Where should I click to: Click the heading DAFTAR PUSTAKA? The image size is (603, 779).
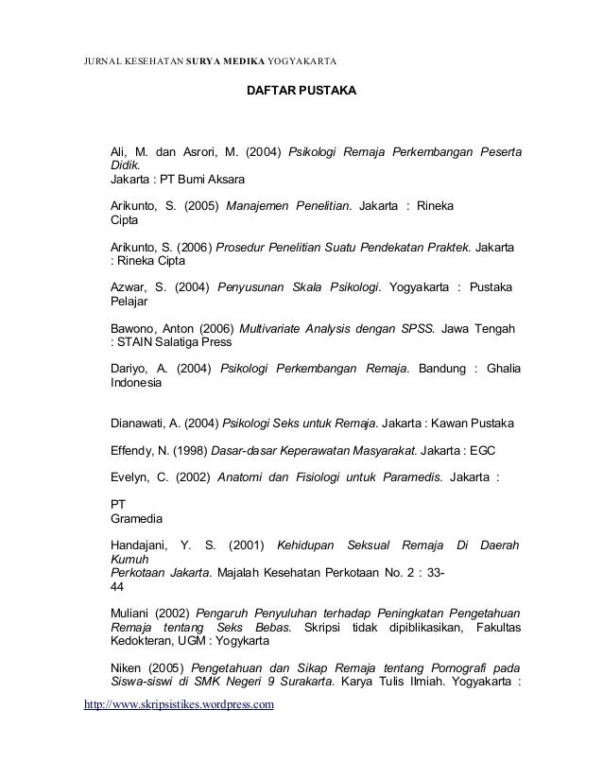pyautogui.click(x=301, y=94)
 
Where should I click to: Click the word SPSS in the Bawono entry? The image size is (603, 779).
pyautogui.click(x=417, y=328)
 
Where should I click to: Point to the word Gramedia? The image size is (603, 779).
pyautogui.click(x=136, y=519)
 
